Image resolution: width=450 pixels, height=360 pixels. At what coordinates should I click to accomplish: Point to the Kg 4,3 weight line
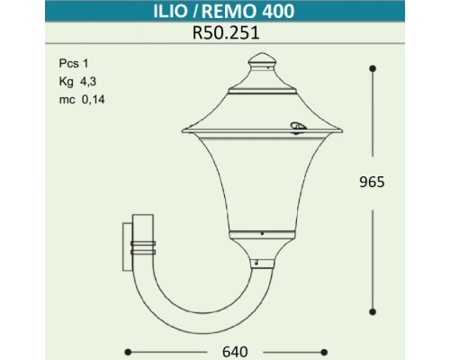tap(73, 81)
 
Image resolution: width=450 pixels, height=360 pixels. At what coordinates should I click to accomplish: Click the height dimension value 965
tap(372, 182)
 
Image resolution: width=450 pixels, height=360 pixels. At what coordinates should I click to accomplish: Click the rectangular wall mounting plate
tap(125, 243)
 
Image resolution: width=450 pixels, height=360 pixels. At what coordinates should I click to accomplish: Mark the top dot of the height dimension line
tap(372, 66)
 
